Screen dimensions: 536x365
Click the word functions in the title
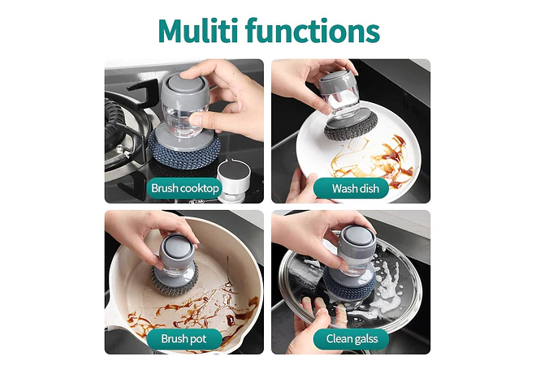click(313, 30)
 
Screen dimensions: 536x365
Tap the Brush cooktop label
click(184, 188)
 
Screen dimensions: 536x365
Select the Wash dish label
click(351, 188)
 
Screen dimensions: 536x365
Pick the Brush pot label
click(184, 339)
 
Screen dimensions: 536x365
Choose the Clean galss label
click(351, 339)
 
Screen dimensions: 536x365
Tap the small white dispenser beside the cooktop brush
click(234, 180)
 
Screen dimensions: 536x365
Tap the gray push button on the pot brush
click(176, 246)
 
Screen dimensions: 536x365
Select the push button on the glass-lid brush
click(357, 236)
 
